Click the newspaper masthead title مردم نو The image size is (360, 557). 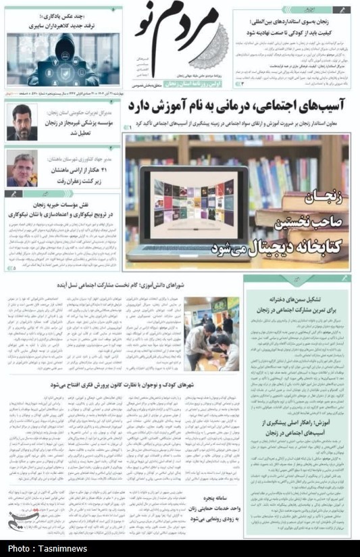pyautogui.click(x=184, y=38)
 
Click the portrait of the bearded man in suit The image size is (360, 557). pyautogui.click(x=22, y=122)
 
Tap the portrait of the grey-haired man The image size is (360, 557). pyautogui.click(x=22, y=168)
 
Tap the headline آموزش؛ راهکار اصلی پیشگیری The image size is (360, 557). pyautogui.click(x=294, y=427)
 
